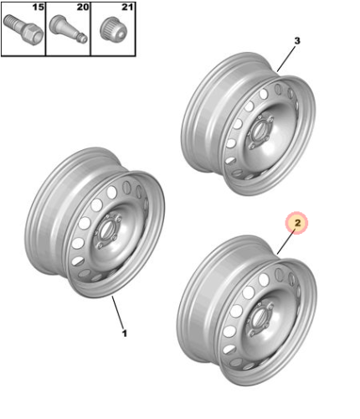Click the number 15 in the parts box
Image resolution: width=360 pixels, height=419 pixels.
click(39, 7)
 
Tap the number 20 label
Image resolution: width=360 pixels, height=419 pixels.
click(83, 7)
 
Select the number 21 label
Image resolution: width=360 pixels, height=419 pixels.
click(127, 7)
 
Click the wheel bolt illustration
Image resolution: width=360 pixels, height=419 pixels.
click(23, 30)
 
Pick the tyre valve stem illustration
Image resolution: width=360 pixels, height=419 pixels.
click(68, 29)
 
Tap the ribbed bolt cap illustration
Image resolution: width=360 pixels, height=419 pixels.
click(113, 28)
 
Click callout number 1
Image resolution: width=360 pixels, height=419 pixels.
click(125, 333)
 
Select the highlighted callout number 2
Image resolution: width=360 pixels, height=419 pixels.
click(298, 223)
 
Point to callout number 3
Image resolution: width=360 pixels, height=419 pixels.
click(297, 41)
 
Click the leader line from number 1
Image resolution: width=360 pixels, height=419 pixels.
click(117, 313)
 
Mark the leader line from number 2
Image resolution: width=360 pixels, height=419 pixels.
click(286, 241)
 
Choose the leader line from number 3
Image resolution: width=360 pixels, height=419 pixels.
click(286, 59)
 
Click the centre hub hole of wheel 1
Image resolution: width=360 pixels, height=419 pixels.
click(106, 230)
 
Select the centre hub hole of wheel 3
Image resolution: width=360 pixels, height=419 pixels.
click(259, 130)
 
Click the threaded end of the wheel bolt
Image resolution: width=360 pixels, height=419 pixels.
click(12, 21)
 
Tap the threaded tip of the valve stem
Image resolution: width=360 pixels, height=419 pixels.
click(83, 39)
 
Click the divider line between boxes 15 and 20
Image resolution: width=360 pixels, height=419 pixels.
click(46, 29)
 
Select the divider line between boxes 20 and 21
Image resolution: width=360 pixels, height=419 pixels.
click(90, 29)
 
